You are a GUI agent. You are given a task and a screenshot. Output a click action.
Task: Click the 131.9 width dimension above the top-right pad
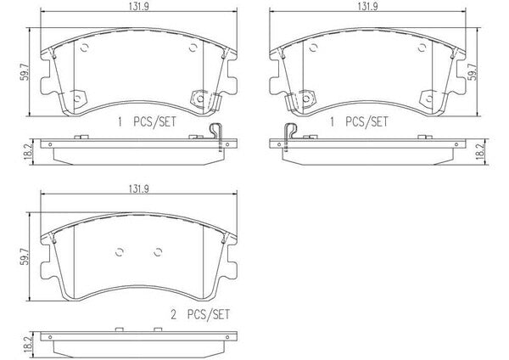[x=368, y=7]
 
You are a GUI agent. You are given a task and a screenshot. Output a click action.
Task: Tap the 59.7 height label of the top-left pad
[x=25, y=72]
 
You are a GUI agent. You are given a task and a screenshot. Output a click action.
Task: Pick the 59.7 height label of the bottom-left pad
[x=25, y=256]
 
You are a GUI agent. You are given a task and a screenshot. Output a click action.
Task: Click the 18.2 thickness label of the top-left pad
[x=28, y=151]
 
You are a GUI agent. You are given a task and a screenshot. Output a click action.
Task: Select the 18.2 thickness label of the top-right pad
[x=480, y=150]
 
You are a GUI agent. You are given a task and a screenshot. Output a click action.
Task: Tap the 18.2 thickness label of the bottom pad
[x=28, y=344]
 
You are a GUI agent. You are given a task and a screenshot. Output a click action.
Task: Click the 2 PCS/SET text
[x=200, y=314]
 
